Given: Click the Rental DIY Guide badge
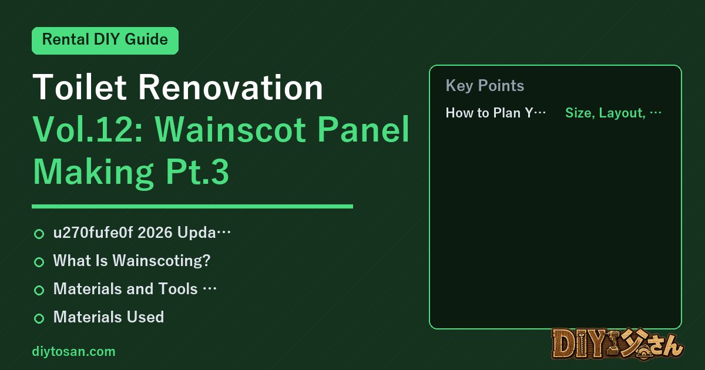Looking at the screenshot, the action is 105,41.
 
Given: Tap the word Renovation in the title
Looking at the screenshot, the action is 231,87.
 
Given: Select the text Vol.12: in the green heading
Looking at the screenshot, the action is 89,130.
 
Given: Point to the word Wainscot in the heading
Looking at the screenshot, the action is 230,130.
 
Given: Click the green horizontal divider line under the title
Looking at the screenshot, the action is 192,206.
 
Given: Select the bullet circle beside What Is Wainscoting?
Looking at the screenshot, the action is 39,262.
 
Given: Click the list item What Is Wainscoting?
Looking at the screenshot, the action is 132,261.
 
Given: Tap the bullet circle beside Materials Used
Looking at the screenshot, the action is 39,318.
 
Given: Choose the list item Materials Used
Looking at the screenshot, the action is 109,317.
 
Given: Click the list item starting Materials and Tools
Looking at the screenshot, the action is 135,289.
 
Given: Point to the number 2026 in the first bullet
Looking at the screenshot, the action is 155,233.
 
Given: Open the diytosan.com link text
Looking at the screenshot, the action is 73,351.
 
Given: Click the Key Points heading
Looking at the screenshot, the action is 485,86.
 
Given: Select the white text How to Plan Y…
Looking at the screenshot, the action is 496,113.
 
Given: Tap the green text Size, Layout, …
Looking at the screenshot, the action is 613,113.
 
